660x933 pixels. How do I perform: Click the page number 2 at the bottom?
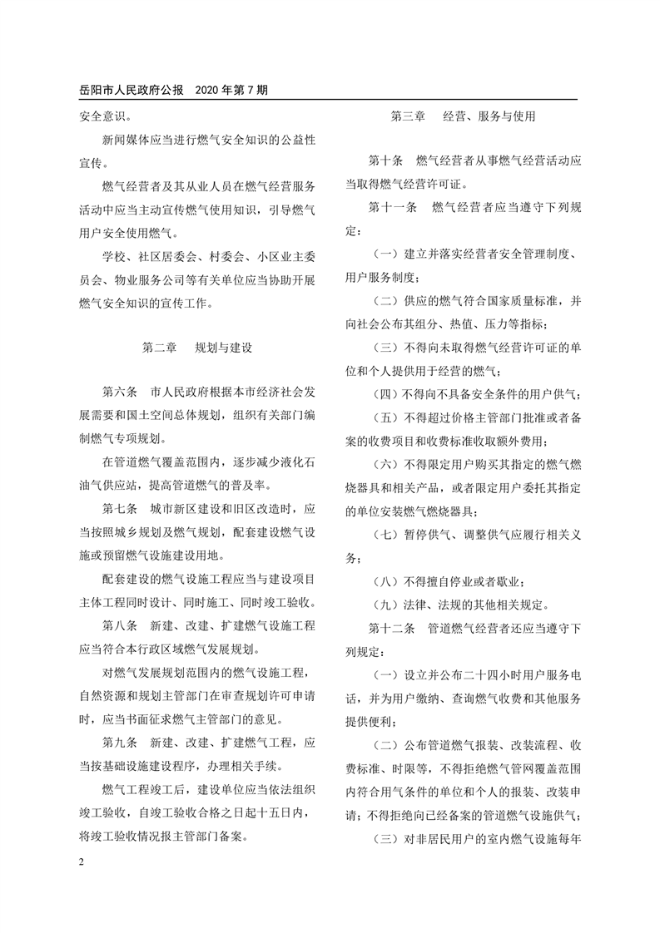(x=82, y=860)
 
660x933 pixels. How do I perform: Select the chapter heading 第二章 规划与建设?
(x=196, y=347)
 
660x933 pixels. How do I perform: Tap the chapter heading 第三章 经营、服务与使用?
(x=463, y=116)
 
